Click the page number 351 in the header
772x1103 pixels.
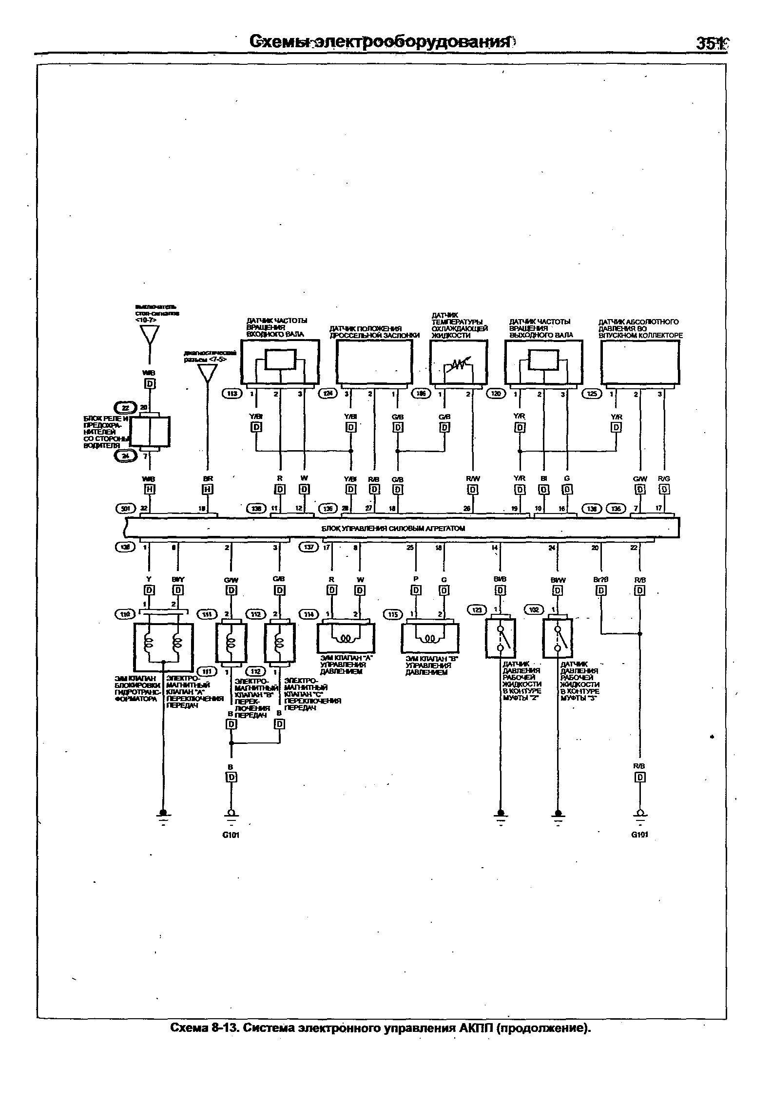[711, 43]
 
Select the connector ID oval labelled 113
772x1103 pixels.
[232, 394]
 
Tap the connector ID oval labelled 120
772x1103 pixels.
[497, 394]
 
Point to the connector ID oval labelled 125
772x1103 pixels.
[592, 394]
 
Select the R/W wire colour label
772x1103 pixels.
[473, 479]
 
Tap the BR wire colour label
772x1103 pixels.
[208, 479]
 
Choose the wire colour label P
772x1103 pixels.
[416, 579]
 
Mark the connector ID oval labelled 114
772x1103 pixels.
[309, 615]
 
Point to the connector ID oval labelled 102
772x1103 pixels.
[535, 609]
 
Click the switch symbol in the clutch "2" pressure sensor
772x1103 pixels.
[501, 638]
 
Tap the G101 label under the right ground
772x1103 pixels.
[639, 835]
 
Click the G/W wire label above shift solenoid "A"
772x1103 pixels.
[231, 579]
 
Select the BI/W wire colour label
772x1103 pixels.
[558, 580]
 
